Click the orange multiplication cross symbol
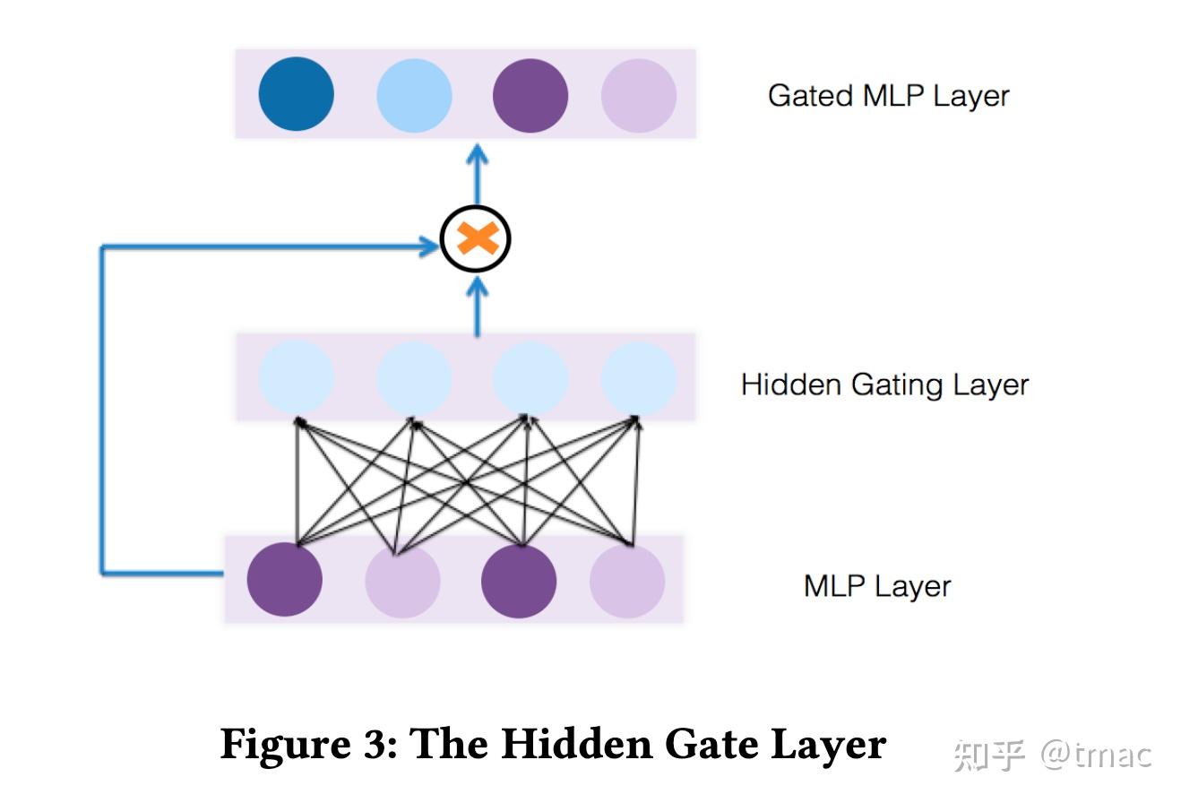coord(476,239)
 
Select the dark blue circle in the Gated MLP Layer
coord(297,94)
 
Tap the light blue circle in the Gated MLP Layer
coord(414,95)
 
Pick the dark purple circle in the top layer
coord(530,95)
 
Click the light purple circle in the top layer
coord(639,95)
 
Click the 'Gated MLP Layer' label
coord(888,96)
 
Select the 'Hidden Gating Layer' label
coord(884,384)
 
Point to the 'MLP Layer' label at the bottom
coord(876,586)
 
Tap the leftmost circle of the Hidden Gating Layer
coord(297,377)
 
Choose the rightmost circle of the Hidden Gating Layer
coord(639,377)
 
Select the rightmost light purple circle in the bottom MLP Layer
coord(627,580)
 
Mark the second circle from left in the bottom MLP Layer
coord(402,580)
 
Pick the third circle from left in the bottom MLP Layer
coord(519,580)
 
